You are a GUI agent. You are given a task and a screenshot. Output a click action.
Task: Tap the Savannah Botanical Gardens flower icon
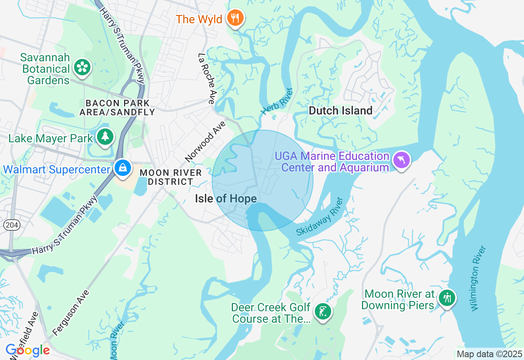(x=82, y=67)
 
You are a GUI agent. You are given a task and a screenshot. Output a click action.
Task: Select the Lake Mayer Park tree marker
(x=105, y=137)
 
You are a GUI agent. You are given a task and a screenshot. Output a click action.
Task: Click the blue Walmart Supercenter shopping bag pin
(x=122, y=168)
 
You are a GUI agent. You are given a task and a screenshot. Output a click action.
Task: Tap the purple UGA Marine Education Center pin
(x=401, y=160)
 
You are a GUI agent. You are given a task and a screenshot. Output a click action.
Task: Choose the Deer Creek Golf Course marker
(x=323, y=312)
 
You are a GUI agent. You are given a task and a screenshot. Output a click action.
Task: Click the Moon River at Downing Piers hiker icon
(x=447, y=298)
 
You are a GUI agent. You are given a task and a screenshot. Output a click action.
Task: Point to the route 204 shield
(x=10, y=225)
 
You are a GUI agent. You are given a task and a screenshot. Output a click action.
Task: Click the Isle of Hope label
(x=226, y=199)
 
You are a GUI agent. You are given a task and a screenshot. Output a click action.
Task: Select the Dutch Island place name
(x=341, y=110)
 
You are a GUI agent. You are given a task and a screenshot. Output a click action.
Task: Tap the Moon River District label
(x=171, y=177)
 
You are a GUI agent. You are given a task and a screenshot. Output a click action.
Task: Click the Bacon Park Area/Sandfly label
(x=117, y=108)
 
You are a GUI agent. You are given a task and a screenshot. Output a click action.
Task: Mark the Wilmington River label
(x=478, y=278)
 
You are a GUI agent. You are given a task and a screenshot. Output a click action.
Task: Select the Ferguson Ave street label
(x=71, y=313)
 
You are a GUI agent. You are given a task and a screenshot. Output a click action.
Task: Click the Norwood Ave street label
(x=205, y=141)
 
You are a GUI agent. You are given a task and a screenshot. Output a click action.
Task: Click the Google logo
(x=27, y=351)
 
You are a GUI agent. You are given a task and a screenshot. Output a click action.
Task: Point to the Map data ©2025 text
(x=489, y=354)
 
